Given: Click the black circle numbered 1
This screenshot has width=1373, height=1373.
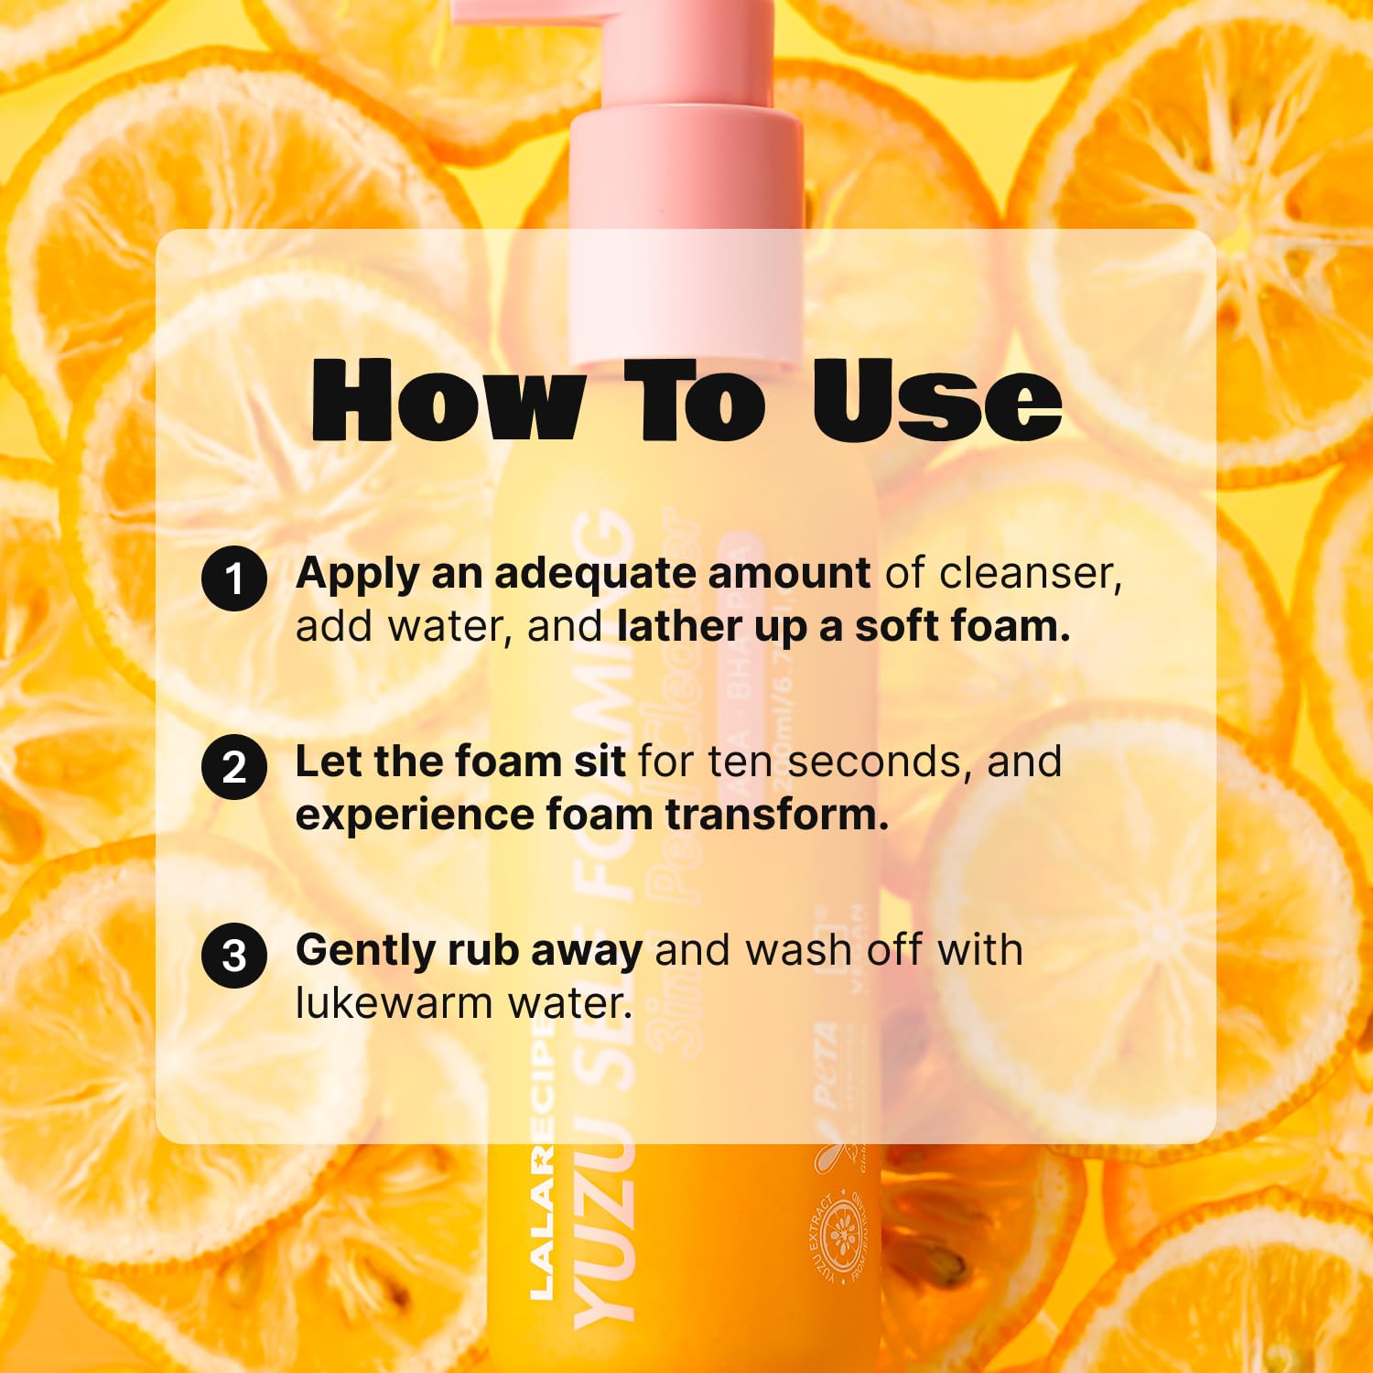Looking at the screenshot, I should [x=234, y=578].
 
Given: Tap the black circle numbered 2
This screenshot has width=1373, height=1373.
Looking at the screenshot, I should [x=234, y=767].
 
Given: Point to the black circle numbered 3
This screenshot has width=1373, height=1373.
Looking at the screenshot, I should [x=234, y=956].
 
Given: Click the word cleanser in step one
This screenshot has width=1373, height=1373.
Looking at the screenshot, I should [x=1030, y=574].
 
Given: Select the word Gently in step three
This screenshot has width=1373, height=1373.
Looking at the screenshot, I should [x=365, y=952].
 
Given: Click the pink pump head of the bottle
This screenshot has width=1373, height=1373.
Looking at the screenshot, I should [x=686, y=183].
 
